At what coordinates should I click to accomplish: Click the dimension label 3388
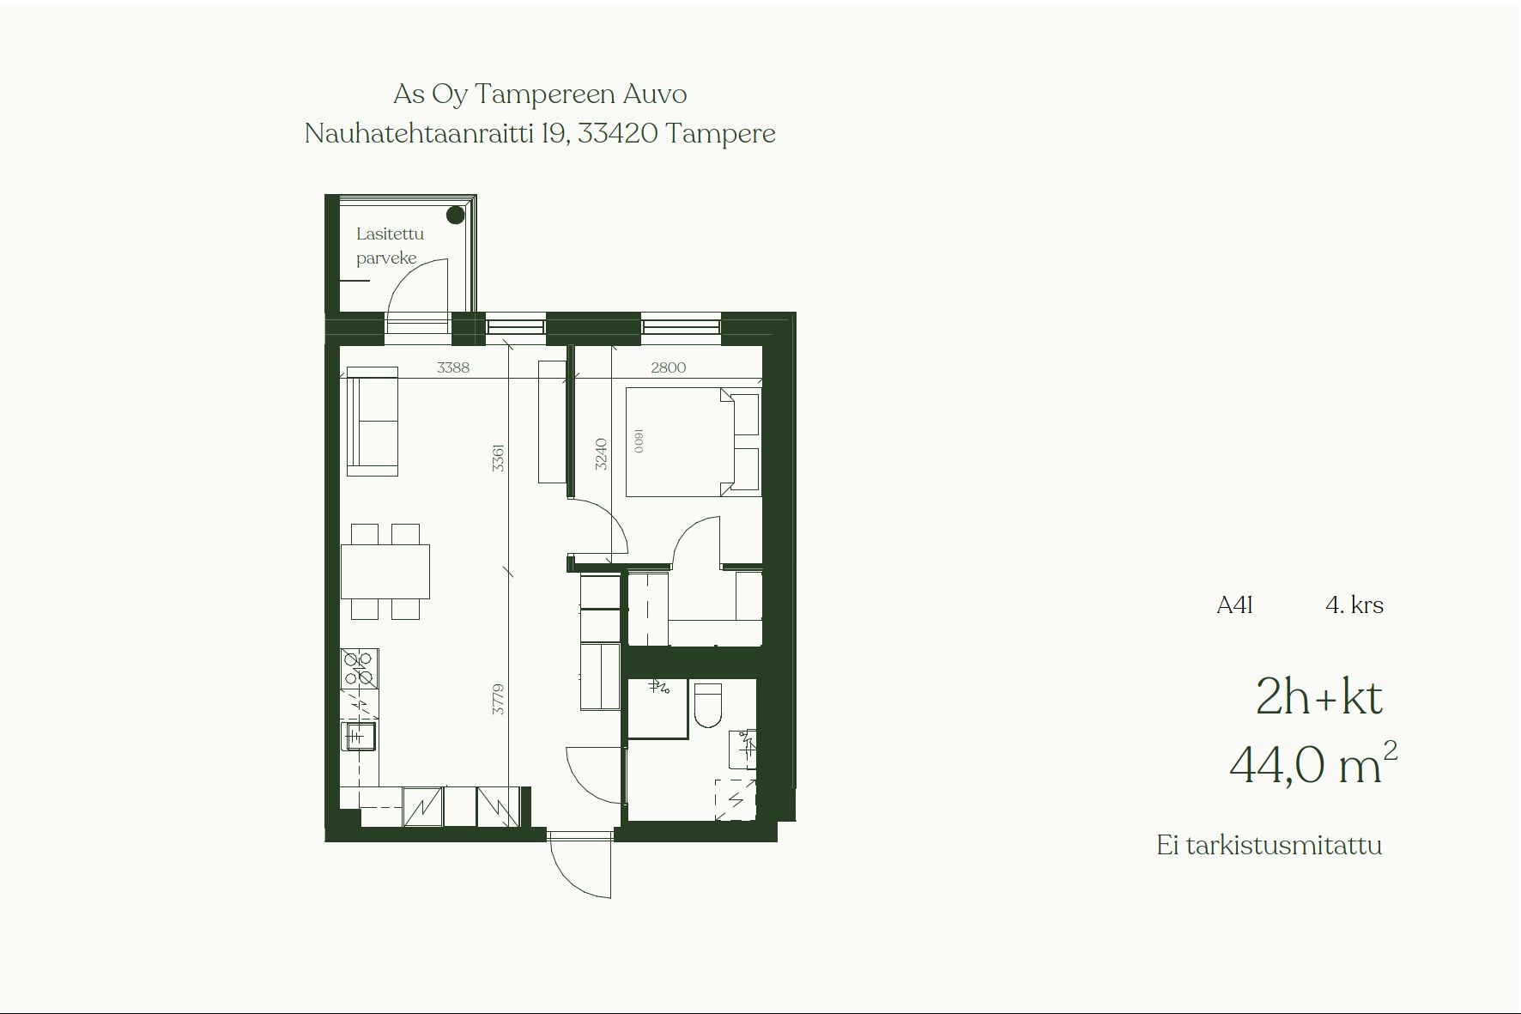[x=453, y=367]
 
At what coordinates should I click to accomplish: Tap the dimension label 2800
[x=668, y=367]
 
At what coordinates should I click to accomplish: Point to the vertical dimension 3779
[x=498, y=700]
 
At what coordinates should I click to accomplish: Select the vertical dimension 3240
[x=601, y=454]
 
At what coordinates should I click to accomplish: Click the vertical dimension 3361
[x=498, y=458]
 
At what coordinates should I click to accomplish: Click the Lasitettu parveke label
[x=390, y=246]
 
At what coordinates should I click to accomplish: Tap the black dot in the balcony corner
[x=456, y=215]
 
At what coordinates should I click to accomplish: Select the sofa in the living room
[x=372, y=421]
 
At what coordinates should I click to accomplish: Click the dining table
[x=385, y=571]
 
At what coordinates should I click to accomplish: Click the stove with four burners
[x=360, y=669]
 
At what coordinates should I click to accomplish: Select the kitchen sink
[x=359, y=736]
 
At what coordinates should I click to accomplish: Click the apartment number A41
[x=1234, y=605]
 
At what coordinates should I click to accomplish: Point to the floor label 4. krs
[x=1354, y=605]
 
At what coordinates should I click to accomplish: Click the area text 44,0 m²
[x=1313, y=763]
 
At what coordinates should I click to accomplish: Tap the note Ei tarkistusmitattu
[x=1270, y=845]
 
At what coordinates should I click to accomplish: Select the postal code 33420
[x=618, y=133]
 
